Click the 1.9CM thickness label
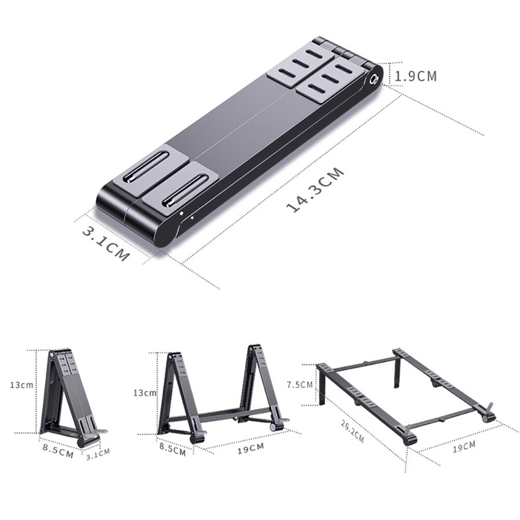(x=416, y=76)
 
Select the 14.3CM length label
(x=316, y=190)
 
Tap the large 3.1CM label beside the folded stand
(x=105, y=244)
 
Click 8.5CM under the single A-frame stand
(x=57, y=452)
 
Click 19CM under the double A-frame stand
(x=250, y=448)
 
